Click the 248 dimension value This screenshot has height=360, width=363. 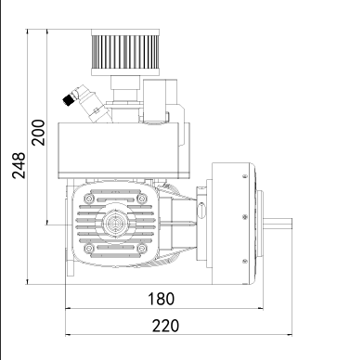tap(19, 165)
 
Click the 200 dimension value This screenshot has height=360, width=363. tap(38, 133)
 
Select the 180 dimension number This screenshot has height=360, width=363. tap(161, 299)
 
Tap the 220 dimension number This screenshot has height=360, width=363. tap(165, 326)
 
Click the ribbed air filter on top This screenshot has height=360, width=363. tap(125, 52)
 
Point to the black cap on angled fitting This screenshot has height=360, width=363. tap(68, 99)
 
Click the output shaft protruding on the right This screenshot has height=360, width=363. tap(278, 224)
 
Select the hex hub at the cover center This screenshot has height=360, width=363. tap(114, 223)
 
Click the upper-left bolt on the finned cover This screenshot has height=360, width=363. tap(89, 199)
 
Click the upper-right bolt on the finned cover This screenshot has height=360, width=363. tap(141, 199)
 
